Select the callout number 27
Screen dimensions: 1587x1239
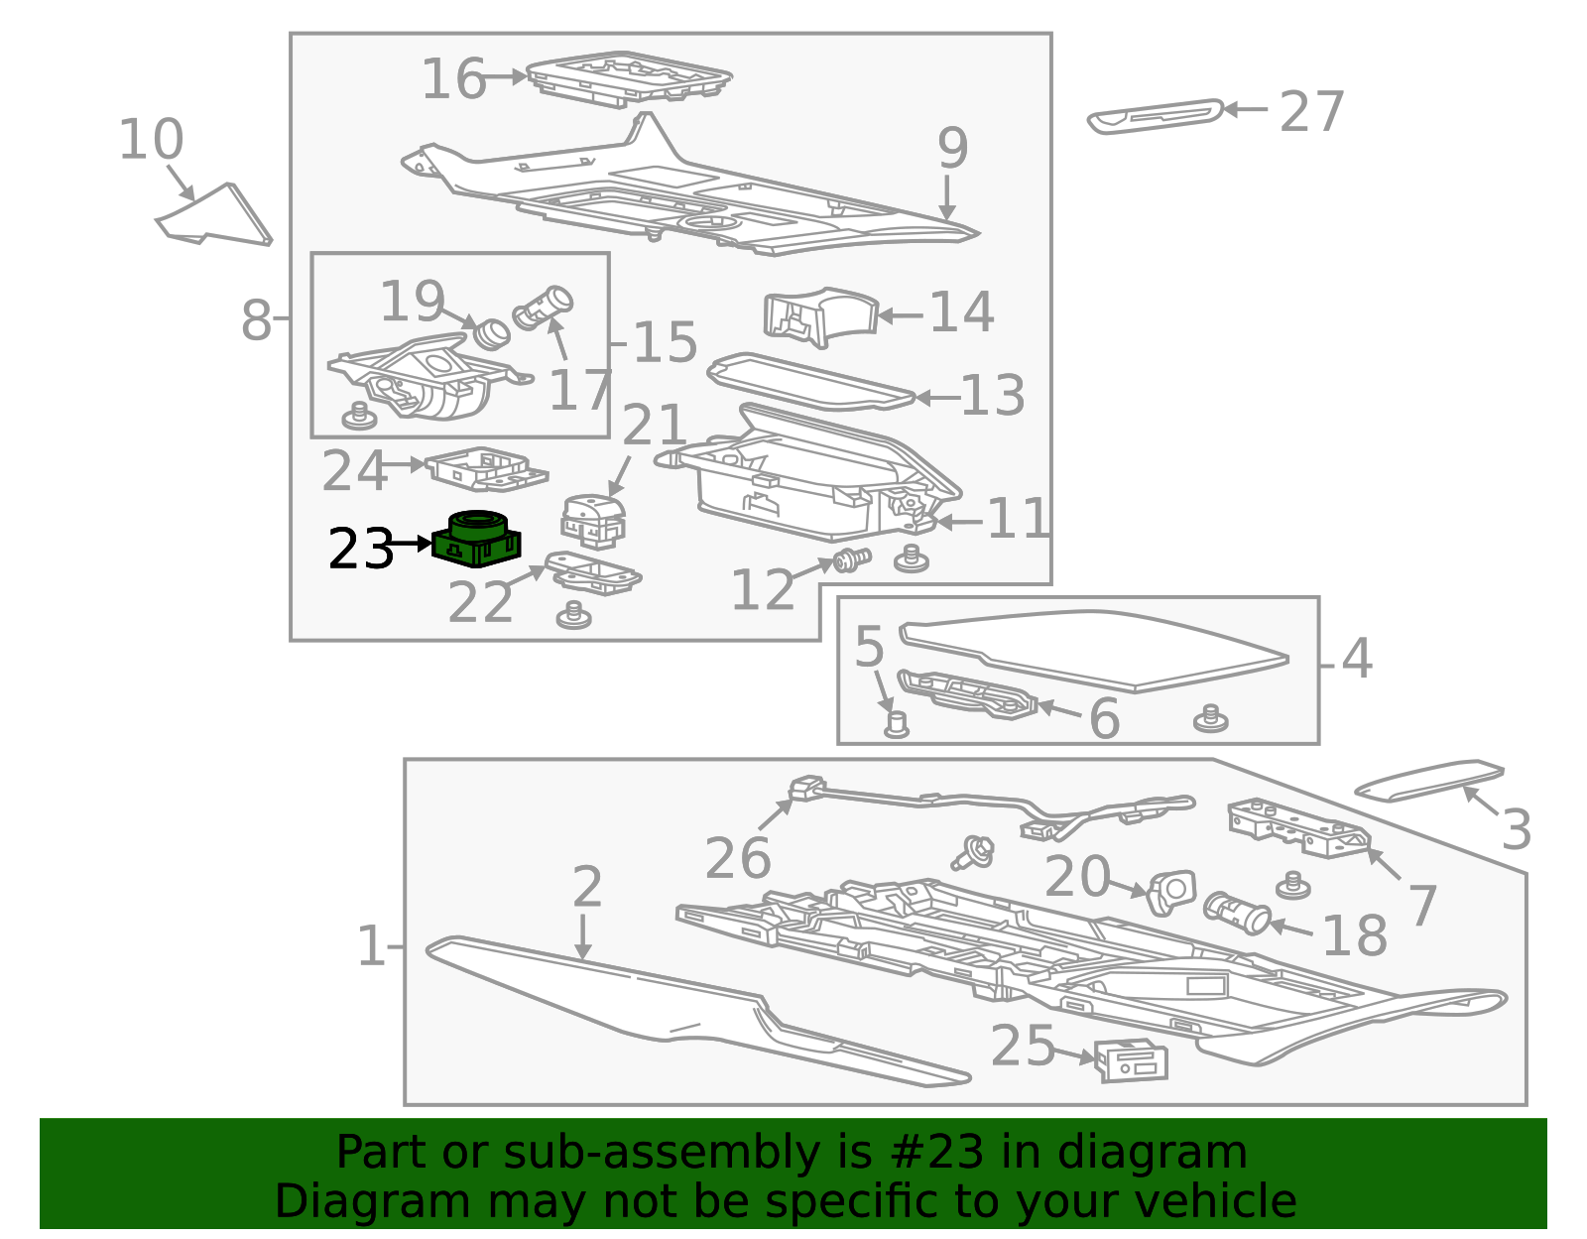1311,112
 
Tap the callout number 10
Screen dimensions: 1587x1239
151,139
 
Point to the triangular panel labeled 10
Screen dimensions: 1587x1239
215,215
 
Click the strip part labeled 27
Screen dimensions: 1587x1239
1155,117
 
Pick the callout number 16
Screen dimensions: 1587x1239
453,78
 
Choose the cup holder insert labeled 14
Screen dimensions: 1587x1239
819,316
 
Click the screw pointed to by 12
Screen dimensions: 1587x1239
852,560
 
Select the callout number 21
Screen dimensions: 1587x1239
654,425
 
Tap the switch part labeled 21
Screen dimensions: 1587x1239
593,521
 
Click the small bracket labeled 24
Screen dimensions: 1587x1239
486,469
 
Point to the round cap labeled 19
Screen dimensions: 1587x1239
491,333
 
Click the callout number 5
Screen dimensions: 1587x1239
869,646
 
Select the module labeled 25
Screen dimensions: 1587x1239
1132,1060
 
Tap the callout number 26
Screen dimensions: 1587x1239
738,859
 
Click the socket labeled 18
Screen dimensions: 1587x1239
1237,913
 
